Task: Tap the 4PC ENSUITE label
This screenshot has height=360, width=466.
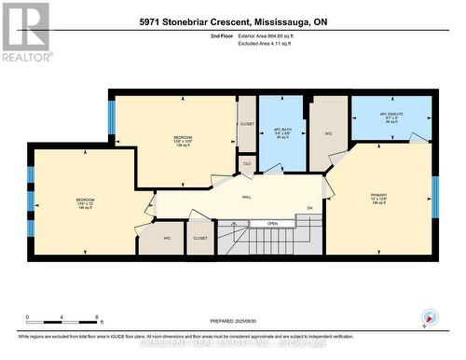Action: pos(390,118)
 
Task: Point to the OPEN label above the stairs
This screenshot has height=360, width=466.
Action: pos(272,224)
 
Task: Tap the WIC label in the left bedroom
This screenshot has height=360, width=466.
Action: pos(167,239)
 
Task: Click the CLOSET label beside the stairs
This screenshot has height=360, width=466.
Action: pos(201,239)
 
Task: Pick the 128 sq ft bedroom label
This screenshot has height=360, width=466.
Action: pos(183,143)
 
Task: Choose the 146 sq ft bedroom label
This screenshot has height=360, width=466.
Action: pos(85,204)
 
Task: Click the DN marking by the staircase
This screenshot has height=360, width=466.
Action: pos(309,207)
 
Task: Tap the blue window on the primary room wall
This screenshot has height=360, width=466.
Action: pos(434,196)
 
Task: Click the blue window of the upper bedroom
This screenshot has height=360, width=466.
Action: pos(112,117)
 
